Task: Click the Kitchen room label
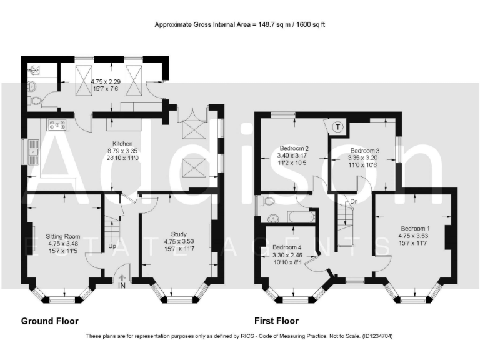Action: (x=122, y=144)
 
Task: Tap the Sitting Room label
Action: (x=63, y=236)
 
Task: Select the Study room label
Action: (x=179, y=234)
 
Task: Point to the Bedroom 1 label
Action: (x=415, y=228)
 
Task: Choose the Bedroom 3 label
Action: (x=365, y=151)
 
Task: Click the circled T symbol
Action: (x=337, y=127)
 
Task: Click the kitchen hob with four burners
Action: (x=57, y=124)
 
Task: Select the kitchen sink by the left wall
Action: (x=33, y=152)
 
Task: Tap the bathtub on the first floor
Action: (x=301, y=217)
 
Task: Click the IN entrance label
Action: (x=122, y=286)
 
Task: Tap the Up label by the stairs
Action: (x=112, y=246)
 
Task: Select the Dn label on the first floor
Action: (x=354, y=201)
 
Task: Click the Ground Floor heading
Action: (x=50, y=321)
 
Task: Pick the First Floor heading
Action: (x=276, y=321)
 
